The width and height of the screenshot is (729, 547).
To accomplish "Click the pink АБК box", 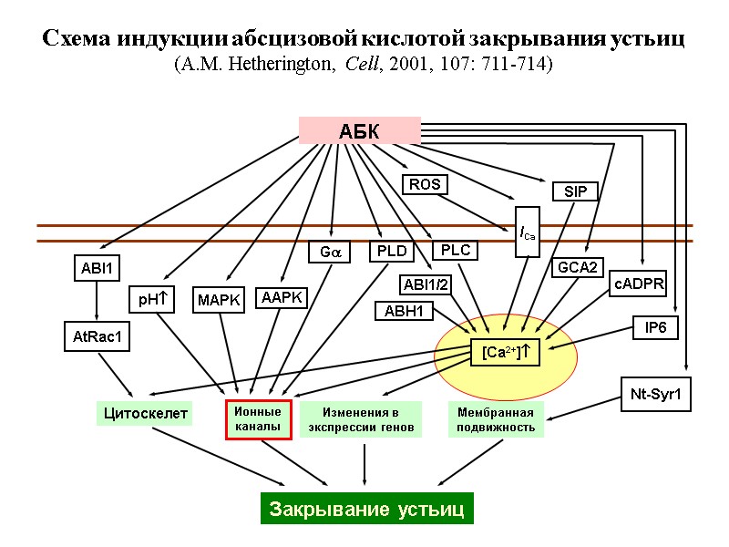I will [359, 130].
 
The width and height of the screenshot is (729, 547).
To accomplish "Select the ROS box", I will [425, 184].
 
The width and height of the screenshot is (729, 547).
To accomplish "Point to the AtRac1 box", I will [97, 336].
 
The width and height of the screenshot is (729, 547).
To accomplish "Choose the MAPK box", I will [219, 300].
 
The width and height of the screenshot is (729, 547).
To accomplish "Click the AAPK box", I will [282, 298].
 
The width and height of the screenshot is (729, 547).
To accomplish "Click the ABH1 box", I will [404, 312].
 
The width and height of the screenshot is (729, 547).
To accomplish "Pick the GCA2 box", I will [578, 267].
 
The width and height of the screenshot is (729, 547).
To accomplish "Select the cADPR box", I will [639, 284].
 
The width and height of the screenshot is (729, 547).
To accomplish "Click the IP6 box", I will [656, 327].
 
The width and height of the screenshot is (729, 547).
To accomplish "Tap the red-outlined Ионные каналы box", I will [259, 419].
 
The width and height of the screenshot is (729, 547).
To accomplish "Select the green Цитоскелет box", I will [145, 414].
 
